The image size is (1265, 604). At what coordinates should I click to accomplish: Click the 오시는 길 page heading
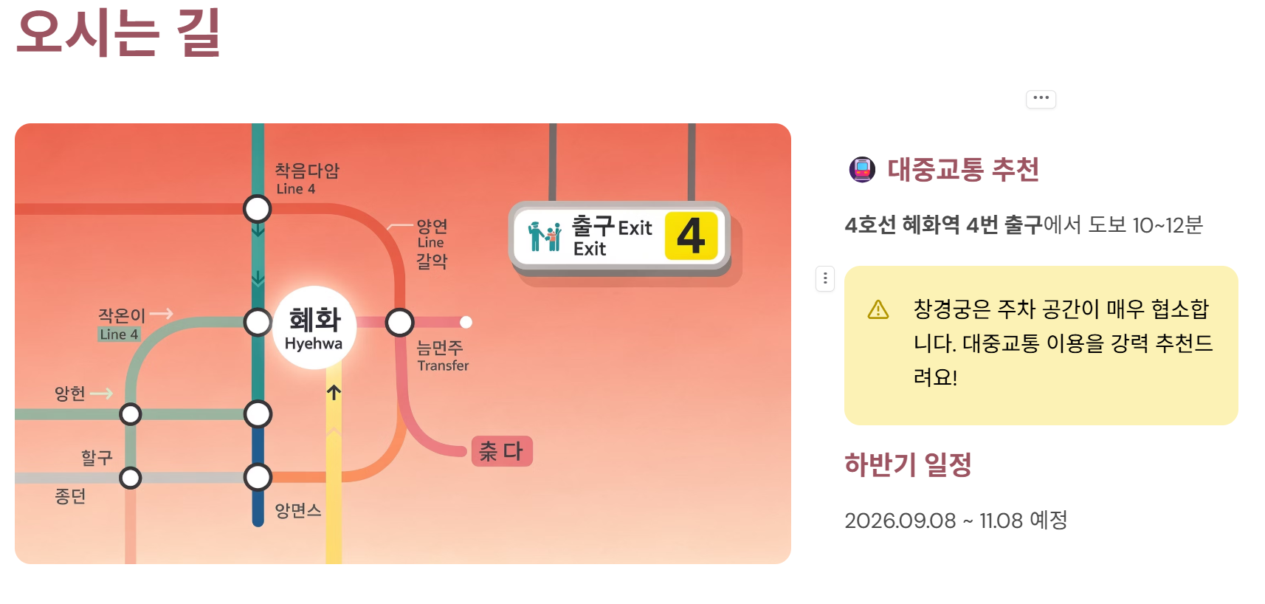(118, 32)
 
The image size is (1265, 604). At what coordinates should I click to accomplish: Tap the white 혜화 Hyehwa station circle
(315, 327)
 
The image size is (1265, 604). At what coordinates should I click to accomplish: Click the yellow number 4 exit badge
(691, 236)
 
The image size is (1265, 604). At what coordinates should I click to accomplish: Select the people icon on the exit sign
(545, 237)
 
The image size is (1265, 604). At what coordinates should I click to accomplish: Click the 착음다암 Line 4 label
(306, 178)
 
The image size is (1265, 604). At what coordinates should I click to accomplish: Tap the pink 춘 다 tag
(502, 451)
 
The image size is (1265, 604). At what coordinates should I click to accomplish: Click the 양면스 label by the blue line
(298, 510)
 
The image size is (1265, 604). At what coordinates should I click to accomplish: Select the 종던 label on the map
(70, 496)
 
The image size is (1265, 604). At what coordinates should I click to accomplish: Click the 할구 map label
(97, 458)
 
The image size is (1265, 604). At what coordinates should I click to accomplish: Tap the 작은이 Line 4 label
(121, 323)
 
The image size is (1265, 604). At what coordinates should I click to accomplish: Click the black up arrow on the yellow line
(334, 392)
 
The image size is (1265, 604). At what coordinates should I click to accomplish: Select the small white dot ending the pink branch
(466, 322)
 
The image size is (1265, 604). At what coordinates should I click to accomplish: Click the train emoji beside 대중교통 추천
(861, 169)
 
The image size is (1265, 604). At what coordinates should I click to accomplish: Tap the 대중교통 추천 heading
(962, 169)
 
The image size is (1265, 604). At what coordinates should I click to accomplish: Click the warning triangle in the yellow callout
(878, 309)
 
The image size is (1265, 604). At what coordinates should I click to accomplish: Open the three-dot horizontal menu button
(1041, 98)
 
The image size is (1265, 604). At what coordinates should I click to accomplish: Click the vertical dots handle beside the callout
(825, 278)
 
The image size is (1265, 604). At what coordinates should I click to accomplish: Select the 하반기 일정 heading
(908, 464)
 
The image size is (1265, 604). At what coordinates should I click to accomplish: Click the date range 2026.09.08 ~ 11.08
(955, 521)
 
